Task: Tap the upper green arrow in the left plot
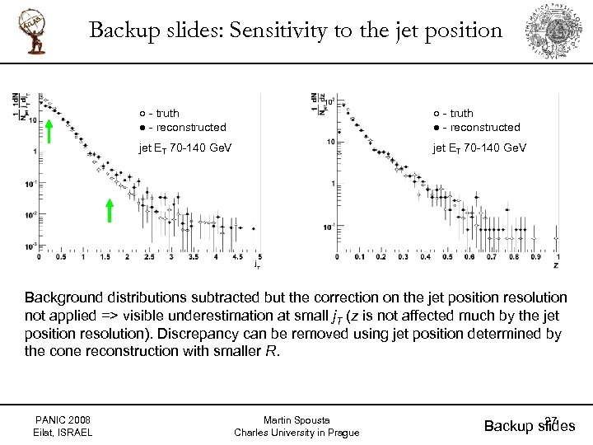click(x=49, y=131)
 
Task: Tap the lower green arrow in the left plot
click(x=110, y=211)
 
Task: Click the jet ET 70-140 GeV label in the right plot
click(x=480, y=148)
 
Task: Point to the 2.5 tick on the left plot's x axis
click(x=149, y=258)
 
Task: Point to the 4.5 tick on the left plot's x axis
click(x=237, y=258)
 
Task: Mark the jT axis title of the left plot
click(x=258, y=266)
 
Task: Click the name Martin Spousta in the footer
click(x=296, y=419)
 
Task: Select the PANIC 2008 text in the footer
click(x=63, y=419)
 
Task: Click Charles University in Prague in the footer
click(x=296, y=433)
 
